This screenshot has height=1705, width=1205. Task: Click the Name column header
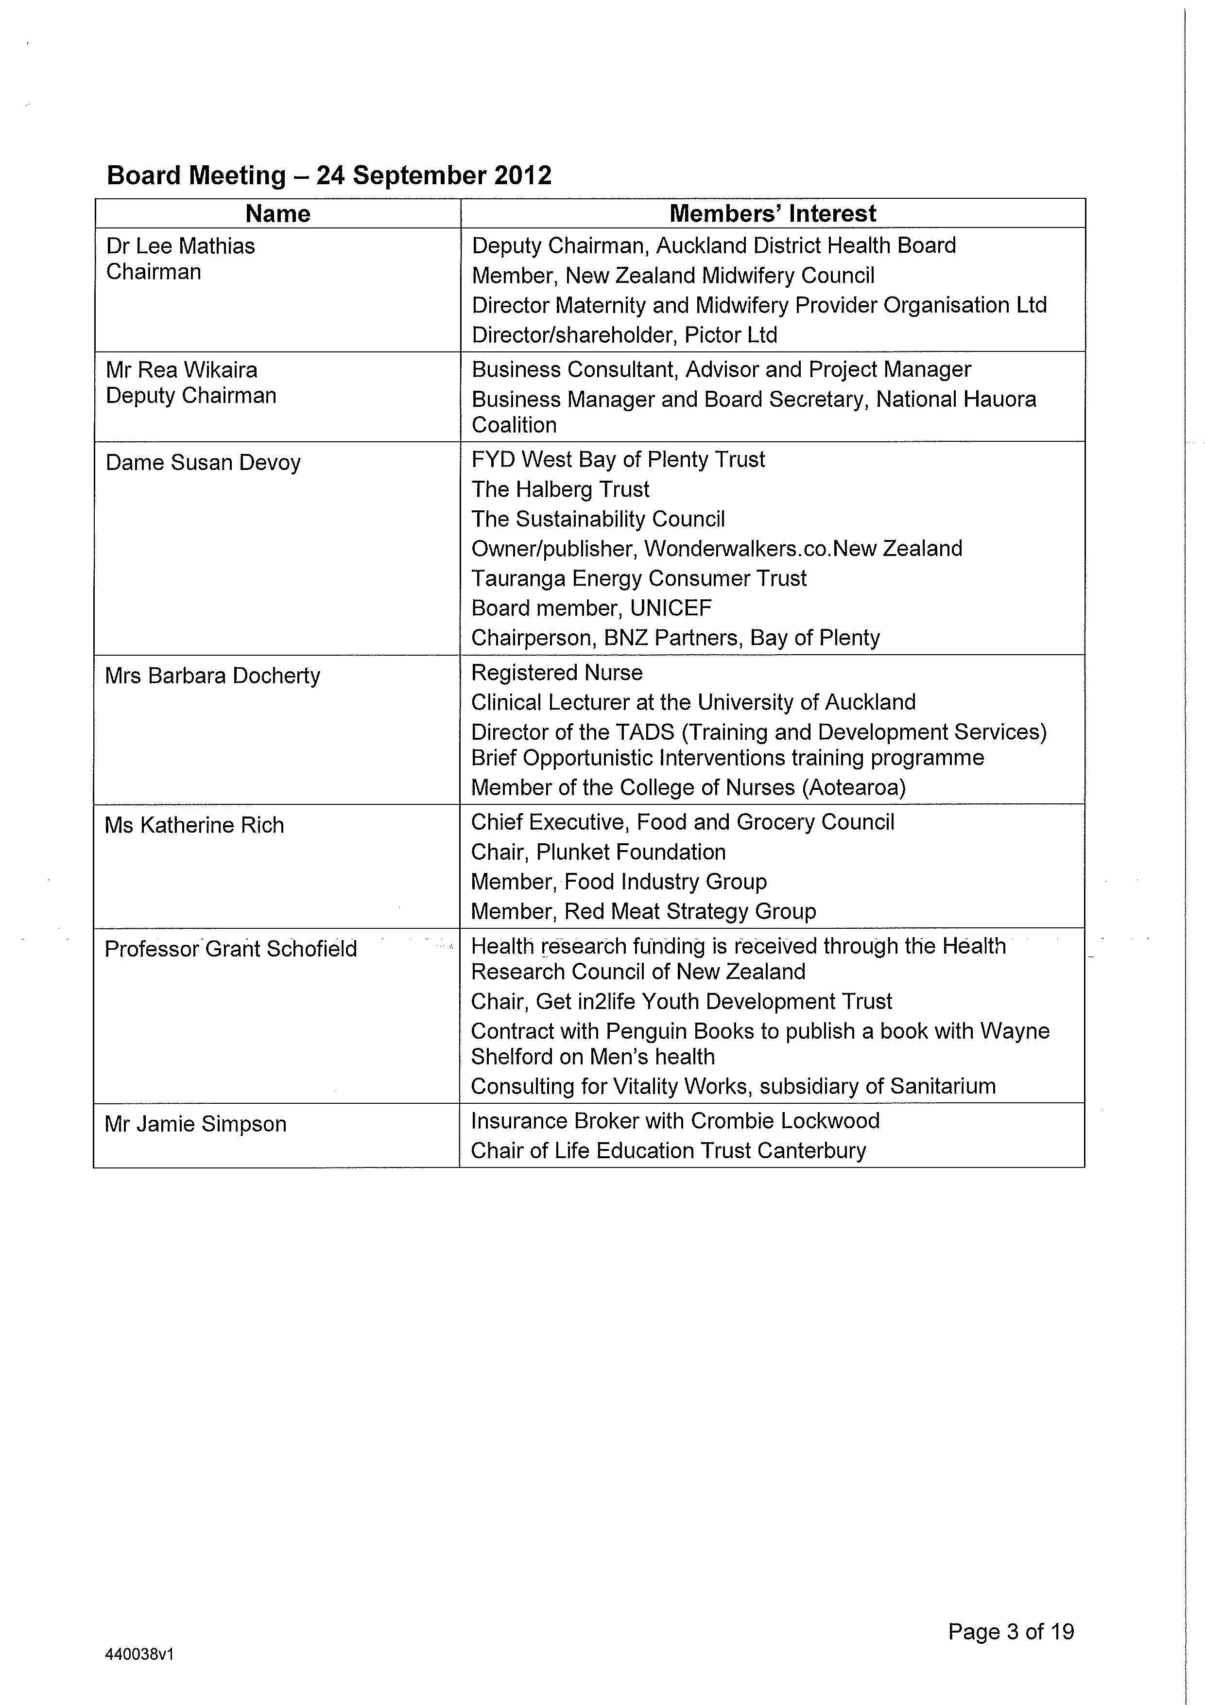(x=277, y=214)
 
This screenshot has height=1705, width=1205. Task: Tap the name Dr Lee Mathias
(x=180, y=246)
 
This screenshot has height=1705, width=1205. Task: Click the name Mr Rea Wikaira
(x=181, y=370)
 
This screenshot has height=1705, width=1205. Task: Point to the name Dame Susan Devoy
(x=203, y=463)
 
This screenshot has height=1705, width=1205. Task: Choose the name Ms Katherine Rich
(x=194, y=825)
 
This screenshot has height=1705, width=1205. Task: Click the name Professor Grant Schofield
(x=230, y=949)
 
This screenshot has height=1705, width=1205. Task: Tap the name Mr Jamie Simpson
(x=195, y=1124)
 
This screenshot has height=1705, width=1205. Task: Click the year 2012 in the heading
(x=523, y=175)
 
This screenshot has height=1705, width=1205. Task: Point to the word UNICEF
(x=671, y=608)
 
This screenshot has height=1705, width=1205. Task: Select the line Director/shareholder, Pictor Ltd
(x=624, y=335)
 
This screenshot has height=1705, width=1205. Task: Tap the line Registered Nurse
(x=557, y=673)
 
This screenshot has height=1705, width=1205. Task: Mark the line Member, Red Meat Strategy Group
(x=643, y=911)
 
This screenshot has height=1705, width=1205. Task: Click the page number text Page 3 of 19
(x=1011, y=1632)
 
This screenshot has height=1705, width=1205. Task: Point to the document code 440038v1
(x=139, y=1654)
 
